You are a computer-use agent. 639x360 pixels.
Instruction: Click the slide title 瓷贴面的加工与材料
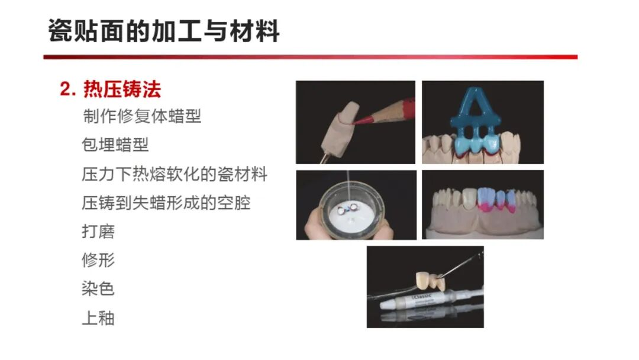tap(164, 31)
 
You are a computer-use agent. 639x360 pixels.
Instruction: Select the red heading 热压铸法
tap(122, 89)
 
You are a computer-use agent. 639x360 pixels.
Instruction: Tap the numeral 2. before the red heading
tap(67, 89)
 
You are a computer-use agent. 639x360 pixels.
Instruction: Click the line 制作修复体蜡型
tap(142, 116)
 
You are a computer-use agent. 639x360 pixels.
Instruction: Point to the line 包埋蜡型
tap(115, 144)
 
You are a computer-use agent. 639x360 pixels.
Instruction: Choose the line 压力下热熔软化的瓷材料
tap(175, 174)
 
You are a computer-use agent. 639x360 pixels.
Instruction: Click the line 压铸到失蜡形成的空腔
tap(166, 202)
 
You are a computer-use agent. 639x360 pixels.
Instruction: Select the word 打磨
tap(98, 232)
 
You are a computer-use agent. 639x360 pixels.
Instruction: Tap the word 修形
tap(98, 260)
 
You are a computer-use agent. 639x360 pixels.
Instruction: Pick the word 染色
tap(98, 289)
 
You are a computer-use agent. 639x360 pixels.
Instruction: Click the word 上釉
tap(98, 318)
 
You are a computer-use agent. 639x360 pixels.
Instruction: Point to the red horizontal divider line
tap(311, 57)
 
